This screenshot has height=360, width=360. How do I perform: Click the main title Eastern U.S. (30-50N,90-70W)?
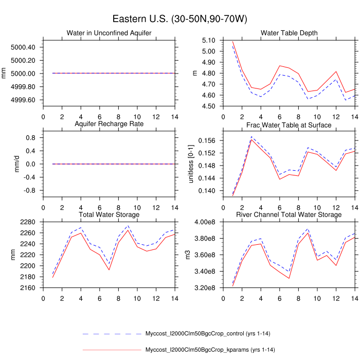(179, 20)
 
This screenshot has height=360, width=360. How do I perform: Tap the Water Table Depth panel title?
(289, 33)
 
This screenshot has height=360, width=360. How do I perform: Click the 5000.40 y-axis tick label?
(23, 47)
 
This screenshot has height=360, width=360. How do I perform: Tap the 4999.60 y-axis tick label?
(23, 100)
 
